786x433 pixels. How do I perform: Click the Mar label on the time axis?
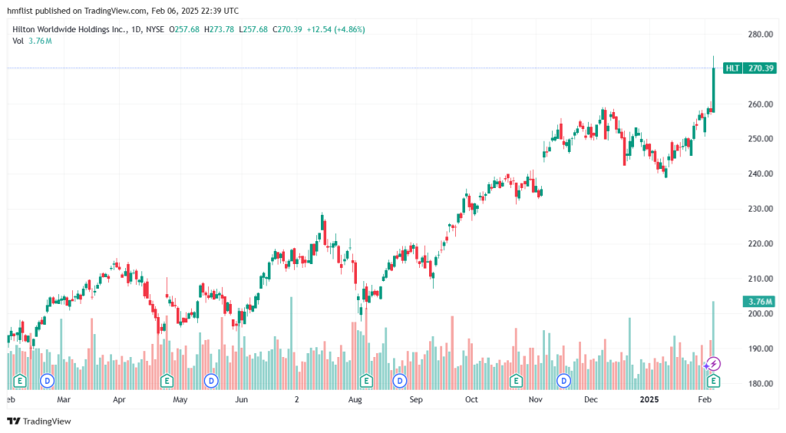coord(64,400)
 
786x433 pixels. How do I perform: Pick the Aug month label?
coord(355,400)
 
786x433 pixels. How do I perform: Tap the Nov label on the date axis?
coord(536,400)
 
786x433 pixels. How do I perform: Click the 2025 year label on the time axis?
coord(650,400)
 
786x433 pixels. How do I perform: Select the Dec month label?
coord(591,400)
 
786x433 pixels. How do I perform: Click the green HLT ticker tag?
coord(732,68)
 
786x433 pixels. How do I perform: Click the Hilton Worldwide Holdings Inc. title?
coord(65,29)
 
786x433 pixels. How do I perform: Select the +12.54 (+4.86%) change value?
coord(335,29)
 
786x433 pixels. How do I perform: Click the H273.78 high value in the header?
coord(219,29)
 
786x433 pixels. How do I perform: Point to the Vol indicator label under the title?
coord(18,41)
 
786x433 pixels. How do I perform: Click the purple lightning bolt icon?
coord(714,364)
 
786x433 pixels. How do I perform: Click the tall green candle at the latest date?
coord(714,88)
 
